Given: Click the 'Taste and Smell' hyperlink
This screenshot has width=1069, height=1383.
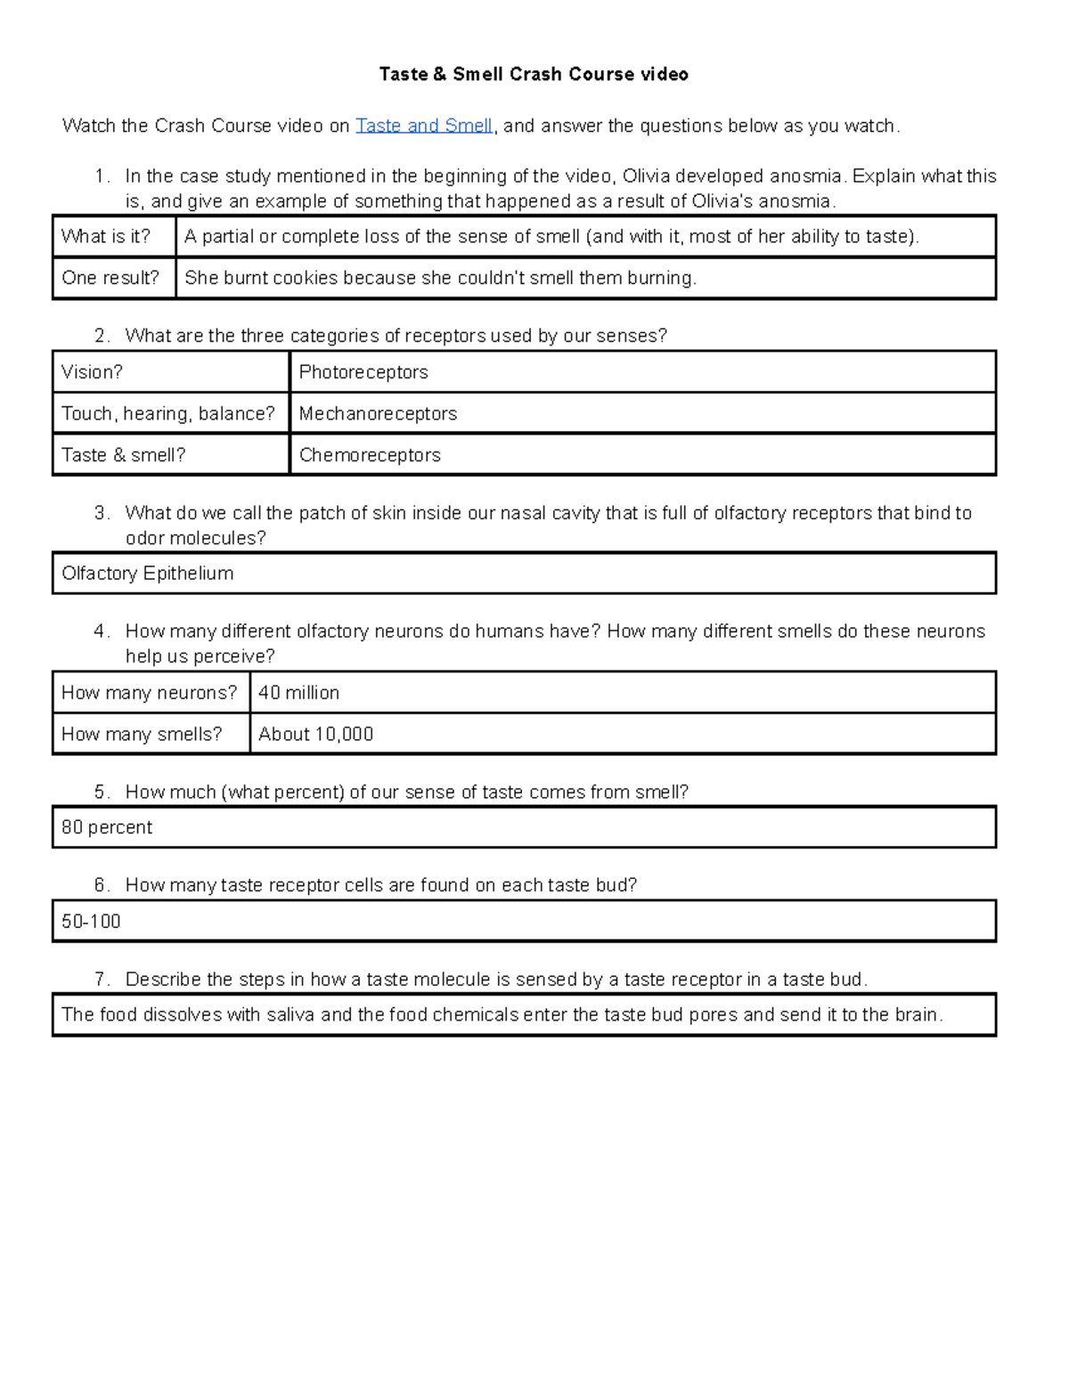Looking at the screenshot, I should pos(424,126).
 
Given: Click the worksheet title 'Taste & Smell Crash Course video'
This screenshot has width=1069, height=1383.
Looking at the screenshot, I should pos(534,74).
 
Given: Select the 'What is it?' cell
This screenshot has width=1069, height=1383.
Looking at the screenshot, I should pos(106,237).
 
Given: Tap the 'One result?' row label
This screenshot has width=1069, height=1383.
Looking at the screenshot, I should pos(110,278).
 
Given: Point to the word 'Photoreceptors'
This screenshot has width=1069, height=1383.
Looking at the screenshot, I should pos(363,372).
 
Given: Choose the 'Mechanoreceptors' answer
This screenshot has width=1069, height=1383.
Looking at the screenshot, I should pos(378,413).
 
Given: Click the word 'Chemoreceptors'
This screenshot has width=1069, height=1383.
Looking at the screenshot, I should pos(370,455).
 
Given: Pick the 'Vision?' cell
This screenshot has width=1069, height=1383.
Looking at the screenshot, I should pos(92,372).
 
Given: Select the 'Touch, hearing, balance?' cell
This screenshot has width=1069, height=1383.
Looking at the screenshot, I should pos(168,413).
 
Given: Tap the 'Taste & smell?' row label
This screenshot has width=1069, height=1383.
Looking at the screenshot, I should pos(123,455).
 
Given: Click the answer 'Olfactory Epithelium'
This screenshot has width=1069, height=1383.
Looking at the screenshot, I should pos(147,574).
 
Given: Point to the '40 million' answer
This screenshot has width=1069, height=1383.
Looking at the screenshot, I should pos(298,693).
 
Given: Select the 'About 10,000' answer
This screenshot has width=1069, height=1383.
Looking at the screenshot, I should pos(315,734).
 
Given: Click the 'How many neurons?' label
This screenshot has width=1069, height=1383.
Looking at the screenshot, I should pos(149,693).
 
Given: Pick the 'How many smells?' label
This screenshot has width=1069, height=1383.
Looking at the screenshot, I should pos(142,734).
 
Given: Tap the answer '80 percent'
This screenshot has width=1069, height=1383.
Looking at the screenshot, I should pos(107,827).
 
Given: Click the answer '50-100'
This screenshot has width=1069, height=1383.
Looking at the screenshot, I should pos(91,922).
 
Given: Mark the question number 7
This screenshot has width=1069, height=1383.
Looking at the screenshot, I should pos(102,980).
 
